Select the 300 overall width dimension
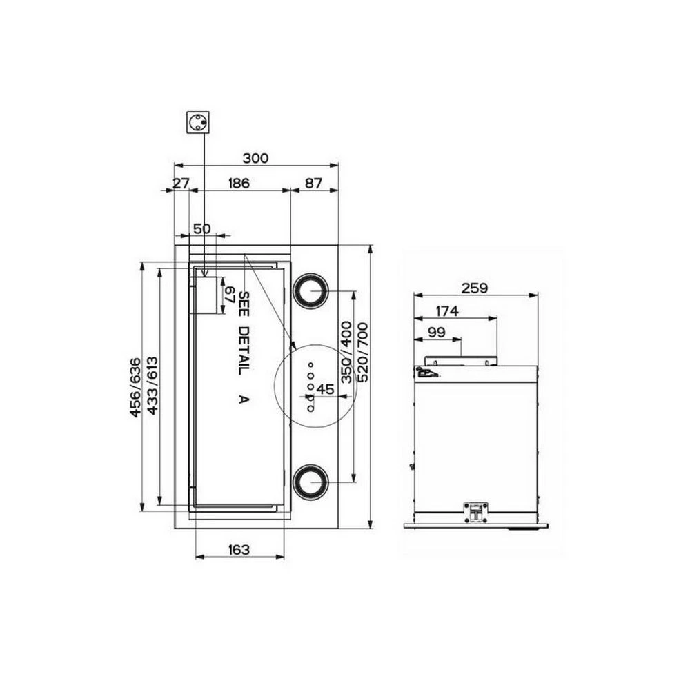click(255, 158)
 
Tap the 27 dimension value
click(180, 183)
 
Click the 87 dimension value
click(313, 183)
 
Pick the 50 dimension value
click(201, 228)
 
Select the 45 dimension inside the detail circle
click(326, 389)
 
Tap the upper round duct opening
click(310, 291)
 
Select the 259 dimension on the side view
click(475, 288)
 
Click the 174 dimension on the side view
click(447, 310)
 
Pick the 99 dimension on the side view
click(435, 332)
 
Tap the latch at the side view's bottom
click(475, 511)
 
